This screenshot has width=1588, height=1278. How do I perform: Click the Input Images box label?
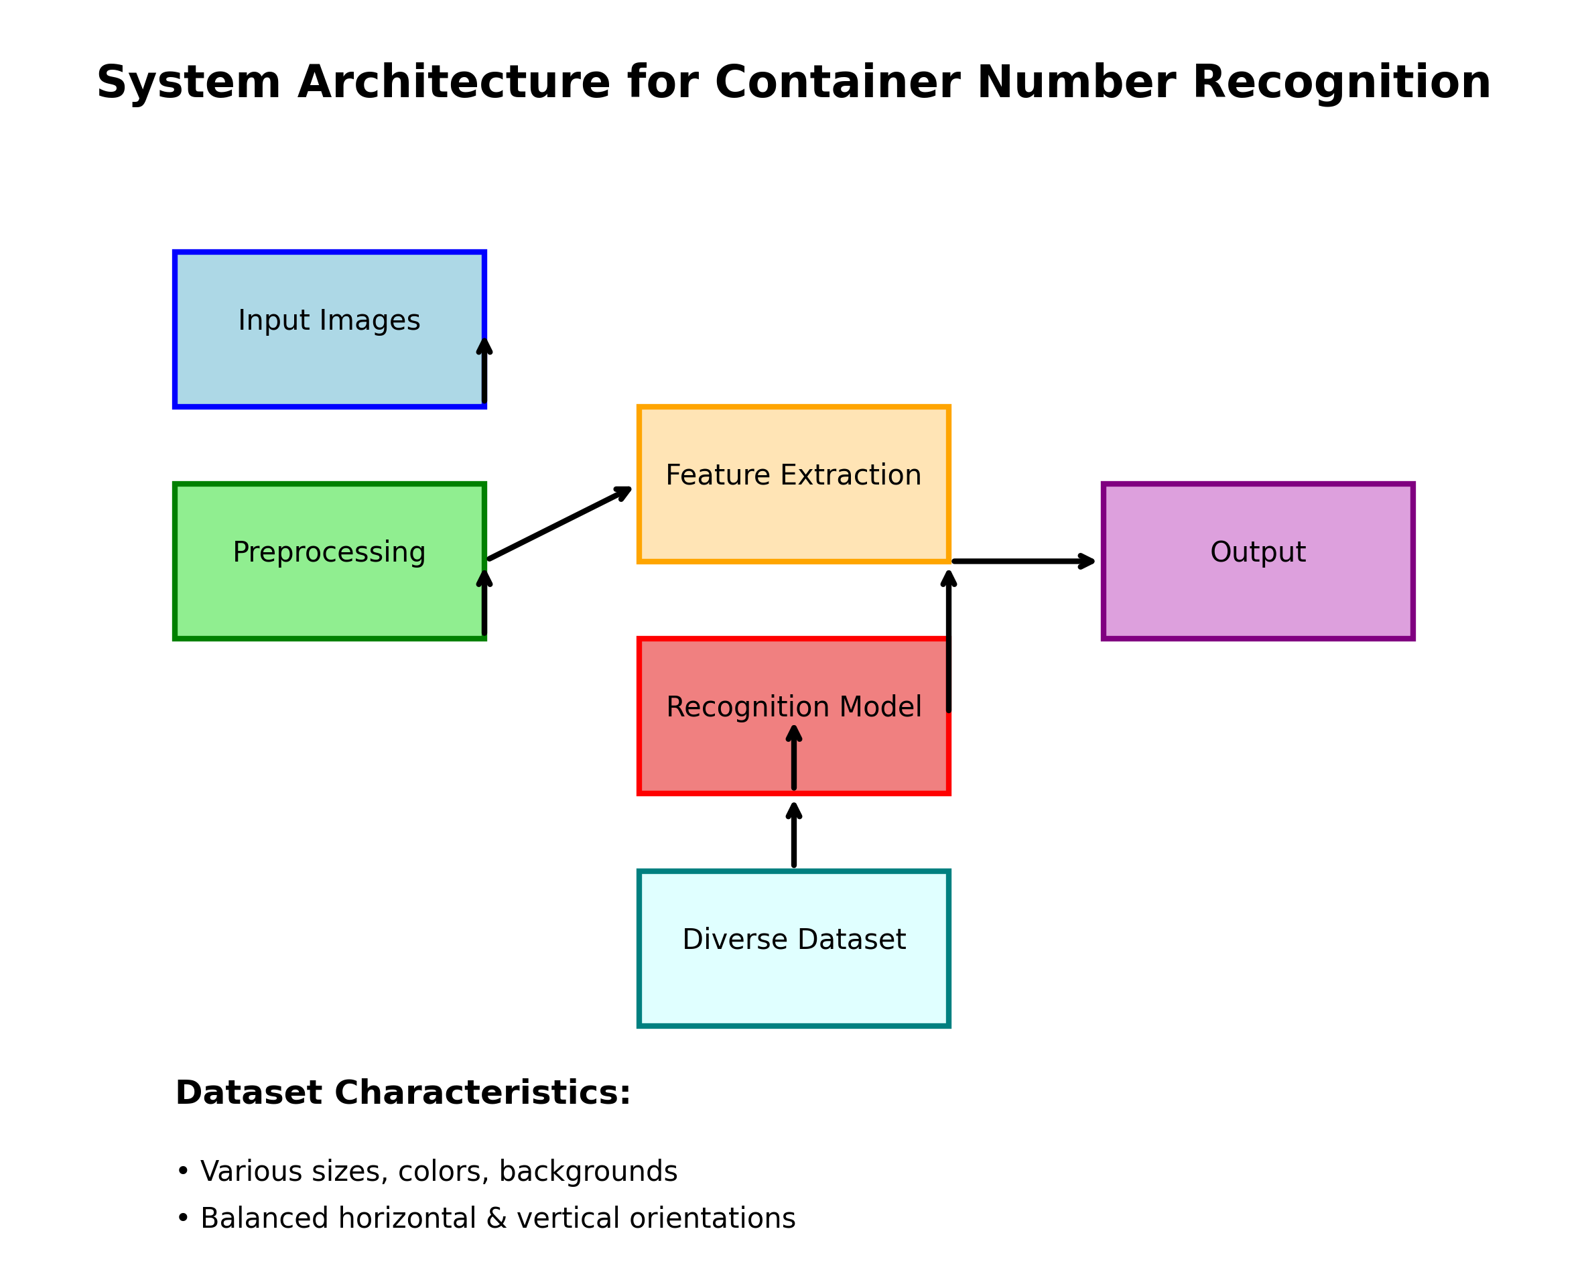pos(328,320)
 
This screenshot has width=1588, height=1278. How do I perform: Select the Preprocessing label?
pos(328,552)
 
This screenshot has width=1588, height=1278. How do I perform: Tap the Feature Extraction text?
pos(793,475)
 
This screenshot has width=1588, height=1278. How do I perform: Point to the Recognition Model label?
pos(793,707)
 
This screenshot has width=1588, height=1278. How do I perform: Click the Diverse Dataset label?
pos(793,939)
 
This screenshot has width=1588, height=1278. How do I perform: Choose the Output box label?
pos(1257,552)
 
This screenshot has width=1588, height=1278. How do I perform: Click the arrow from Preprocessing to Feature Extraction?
pos(559,523)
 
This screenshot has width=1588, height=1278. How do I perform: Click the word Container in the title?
pos(837,82)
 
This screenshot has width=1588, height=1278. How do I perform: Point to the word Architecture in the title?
pos(454,82)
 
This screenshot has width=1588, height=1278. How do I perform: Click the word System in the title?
pos(188,82)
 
